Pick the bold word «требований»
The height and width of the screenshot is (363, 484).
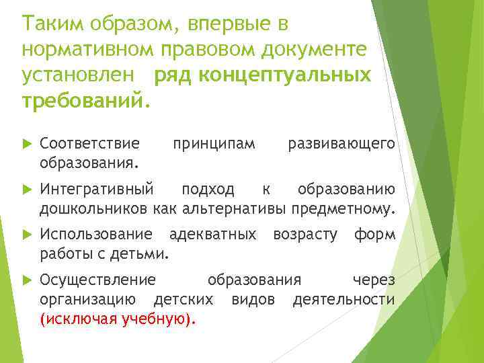tap(81, 101)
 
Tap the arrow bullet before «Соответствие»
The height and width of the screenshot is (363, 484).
tap(27, 143)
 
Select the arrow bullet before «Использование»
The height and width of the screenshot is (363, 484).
tap(27, 235)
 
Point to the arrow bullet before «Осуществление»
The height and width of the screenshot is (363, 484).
tap(27, 280)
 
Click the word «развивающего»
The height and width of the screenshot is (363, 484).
tap(341, 143)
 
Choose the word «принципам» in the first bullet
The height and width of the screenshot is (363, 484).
tap(214, 143)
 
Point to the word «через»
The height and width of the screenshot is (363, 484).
tap(374, 280)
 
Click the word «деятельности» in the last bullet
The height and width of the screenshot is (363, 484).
tap(344, 299)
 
